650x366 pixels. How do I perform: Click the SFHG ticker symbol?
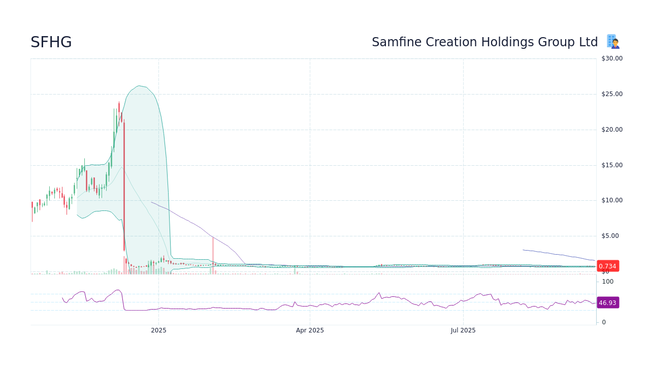[51, 42]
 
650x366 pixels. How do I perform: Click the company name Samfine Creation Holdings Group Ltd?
[484, 42]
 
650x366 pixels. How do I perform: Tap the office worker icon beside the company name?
[613, 42]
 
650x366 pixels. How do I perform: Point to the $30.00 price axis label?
[611, 58]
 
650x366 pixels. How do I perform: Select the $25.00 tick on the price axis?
[611, 94]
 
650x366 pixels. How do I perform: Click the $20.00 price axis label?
[611, 130]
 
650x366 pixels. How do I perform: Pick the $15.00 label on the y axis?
[611, 165]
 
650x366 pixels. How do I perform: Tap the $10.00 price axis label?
[611, 200]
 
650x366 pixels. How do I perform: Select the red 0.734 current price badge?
[607, 266]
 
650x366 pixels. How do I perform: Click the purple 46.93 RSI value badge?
[607, 302]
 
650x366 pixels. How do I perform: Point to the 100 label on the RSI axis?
[607, 282]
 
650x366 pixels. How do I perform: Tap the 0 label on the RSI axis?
[604, 322]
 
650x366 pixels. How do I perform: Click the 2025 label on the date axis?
[158, 330]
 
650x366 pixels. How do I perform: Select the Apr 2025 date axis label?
[310, 330]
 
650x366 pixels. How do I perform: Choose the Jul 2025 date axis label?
[463, 330]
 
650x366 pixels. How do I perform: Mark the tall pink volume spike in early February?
[213, 254]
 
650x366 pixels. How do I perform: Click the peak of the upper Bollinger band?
[139, 86]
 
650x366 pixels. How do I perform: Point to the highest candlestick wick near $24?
[119, 103]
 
